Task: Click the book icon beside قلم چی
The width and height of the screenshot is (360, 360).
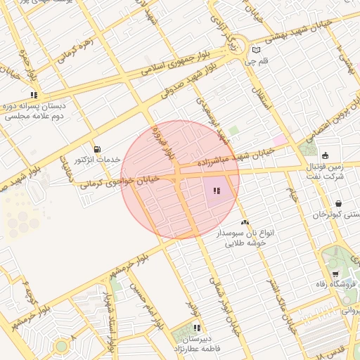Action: [x=256, y=50]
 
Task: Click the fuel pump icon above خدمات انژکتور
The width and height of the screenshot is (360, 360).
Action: [x=96, y=149]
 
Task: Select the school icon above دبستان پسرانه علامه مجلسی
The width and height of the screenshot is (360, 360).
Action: [x=33, y=95]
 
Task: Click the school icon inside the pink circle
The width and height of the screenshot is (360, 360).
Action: [x=217, y=191]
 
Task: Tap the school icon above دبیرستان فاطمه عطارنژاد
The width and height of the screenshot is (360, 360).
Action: [x=197, y=328]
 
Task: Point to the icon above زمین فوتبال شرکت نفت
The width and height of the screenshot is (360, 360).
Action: [x=325, y=155]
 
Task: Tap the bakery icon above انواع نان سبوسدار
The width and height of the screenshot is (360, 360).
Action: [x=244, y=222]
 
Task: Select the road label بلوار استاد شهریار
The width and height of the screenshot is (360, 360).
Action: [x=110, y=321]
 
